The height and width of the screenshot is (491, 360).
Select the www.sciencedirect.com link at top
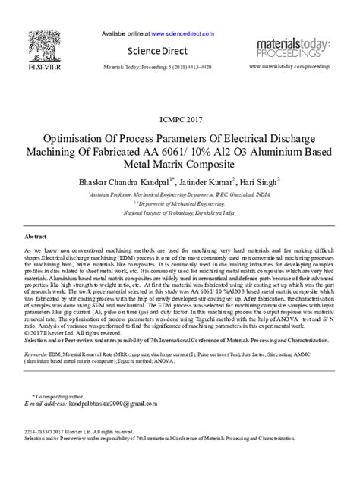[x=180, y=34]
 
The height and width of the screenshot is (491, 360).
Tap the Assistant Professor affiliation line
[x=179, y=194]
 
